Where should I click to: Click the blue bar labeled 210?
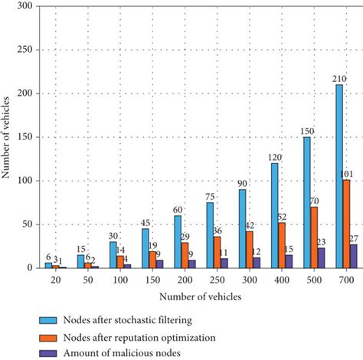pos(339,176)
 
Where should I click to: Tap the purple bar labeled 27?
pos(353,257)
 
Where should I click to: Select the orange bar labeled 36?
pos(217,253)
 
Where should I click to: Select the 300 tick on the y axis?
pos(27,6)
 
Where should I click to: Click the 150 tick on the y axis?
pos(27,137)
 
